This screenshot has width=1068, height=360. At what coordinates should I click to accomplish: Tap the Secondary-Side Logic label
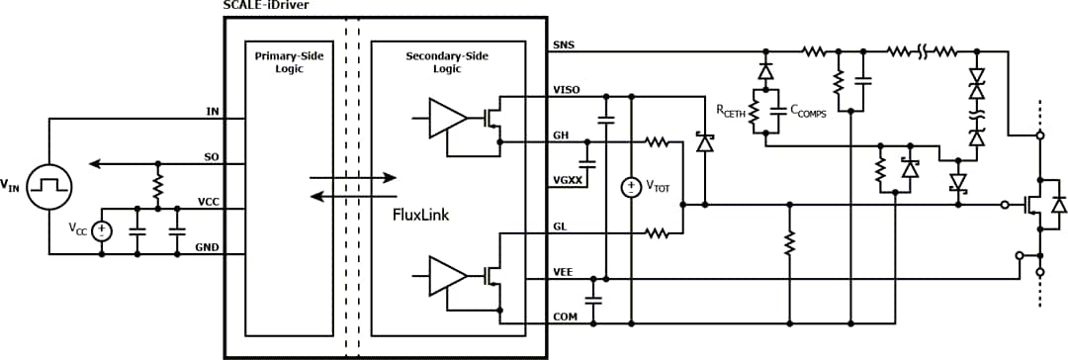[x=447, y=62]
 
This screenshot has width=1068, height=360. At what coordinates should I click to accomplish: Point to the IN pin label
[x=212, y=111]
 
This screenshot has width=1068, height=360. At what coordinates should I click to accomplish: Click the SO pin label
[x=211, y=156]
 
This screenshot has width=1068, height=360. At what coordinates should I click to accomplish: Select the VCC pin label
[x=208, y=201]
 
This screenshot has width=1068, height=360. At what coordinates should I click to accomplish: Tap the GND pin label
[x=208, y=246]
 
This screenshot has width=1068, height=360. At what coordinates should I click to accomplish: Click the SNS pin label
[x=563, y=45]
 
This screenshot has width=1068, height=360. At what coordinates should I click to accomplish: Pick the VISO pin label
[x=567, y=89]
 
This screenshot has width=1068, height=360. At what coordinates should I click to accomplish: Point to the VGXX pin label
[x=567, y=179]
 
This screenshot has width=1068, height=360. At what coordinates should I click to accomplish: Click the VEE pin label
[x=564, y=271]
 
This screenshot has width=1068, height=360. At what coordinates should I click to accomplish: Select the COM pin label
[x=564, y=315]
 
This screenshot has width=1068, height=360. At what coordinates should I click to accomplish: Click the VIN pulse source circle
[x=45, y=185]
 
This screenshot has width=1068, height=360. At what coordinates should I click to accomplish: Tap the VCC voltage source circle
[x=103, y=229]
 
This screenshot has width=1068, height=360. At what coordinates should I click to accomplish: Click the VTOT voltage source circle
[x=631, y=186]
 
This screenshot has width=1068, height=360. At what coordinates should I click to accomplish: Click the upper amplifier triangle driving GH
[x=447, y=120]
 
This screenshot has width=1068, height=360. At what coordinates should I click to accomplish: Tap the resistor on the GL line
[x=659, y=233]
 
